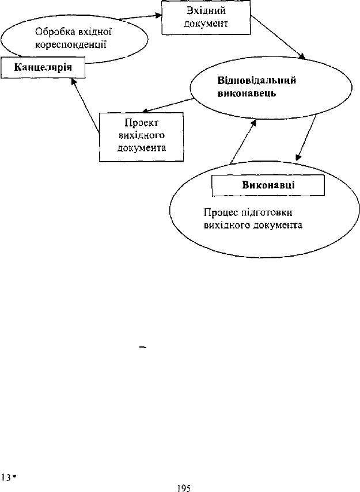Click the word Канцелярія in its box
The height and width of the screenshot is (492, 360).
(43, 67)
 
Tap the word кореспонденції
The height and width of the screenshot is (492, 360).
(71, 45)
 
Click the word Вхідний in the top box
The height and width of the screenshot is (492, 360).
(206, 11)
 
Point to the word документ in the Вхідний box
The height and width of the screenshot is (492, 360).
(206, 24)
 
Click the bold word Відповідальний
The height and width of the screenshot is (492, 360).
(257, 81)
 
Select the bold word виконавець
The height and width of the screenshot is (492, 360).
(247, 93)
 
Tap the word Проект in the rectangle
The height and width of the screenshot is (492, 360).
(141, 123)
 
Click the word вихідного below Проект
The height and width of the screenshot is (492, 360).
(142, 135)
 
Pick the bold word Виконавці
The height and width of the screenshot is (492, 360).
(268, 185)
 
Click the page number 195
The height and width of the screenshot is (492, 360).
(184, 488)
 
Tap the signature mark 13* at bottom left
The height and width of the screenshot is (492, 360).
(9, 478)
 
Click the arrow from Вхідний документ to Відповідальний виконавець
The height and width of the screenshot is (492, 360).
(278, 37)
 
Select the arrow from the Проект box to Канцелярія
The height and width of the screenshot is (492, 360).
(85, 106)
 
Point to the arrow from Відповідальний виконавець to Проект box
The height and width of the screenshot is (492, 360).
(168, 105)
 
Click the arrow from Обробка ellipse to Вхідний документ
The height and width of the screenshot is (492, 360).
(141, 17)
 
